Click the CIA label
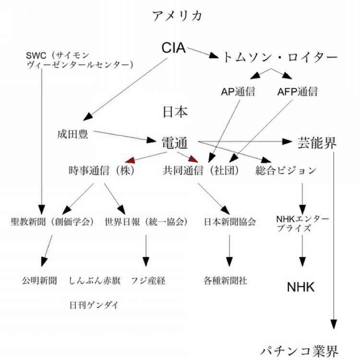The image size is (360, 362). coord(173,48)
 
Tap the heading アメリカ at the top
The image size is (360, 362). coord(178,16)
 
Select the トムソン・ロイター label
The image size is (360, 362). coord(280,57)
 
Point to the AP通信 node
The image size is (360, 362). coord(238,92)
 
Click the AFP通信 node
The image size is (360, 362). coord(298,92)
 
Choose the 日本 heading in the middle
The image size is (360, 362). coord(175,112)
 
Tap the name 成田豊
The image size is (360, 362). coord(72,134)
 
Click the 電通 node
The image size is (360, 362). coord(174,143)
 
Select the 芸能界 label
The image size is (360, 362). coord(317,143)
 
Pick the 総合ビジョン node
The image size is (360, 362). coord(286,171)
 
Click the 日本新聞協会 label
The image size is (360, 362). coord(229,222)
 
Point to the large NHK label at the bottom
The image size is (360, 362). coord(300,287)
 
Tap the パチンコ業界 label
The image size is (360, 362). coord(300,351)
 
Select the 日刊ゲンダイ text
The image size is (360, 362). coord(94,305)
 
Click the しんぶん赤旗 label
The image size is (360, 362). coord(95,281)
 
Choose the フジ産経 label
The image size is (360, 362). coord(148,281)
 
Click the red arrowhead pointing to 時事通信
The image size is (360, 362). coord(130,160)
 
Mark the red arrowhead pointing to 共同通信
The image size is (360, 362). coord(193,159)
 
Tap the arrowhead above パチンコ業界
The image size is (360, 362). coord(334,324)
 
